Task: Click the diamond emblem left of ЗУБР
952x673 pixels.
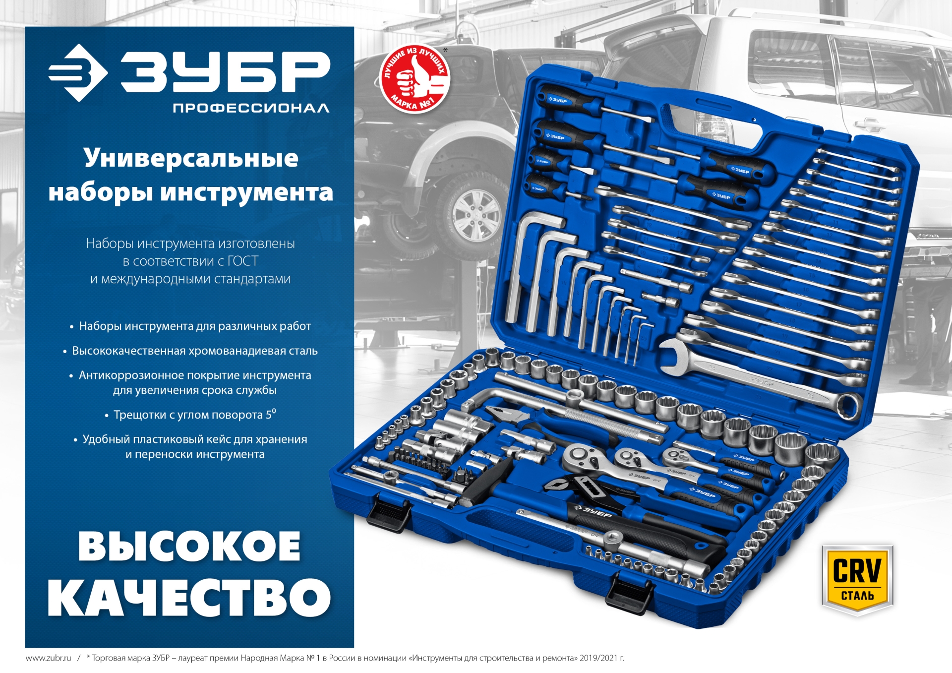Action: (78, 73)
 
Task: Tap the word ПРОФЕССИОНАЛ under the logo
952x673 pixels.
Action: (251, 108)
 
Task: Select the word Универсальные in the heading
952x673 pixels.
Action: (191, 159)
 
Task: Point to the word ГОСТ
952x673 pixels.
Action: (243, 261)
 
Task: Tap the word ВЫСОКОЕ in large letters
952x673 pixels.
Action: (189, 546)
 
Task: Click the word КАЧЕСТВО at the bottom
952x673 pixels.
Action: (189, 597)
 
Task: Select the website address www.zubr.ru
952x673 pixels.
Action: (48, 658)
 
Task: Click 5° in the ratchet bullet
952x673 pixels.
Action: (271, 414)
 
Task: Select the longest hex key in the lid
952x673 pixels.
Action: (521, 268)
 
